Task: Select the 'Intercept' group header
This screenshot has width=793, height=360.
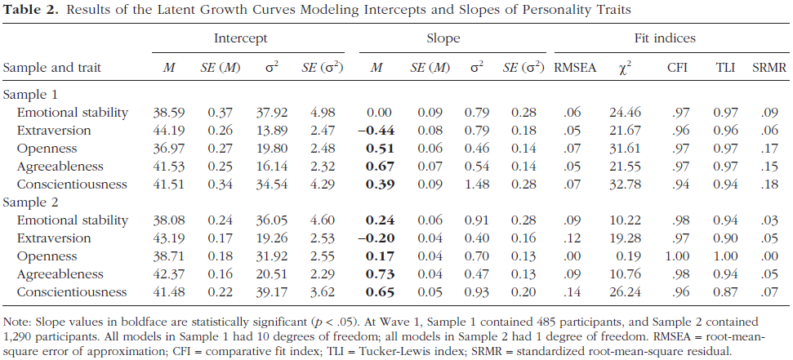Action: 240,38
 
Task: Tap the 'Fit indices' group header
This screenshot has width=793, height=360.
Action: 664,38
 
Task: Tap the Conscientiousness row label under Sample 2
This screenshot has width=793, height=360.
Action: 72,291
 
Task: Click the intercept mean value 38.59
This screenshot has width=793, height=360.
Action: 168,112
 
